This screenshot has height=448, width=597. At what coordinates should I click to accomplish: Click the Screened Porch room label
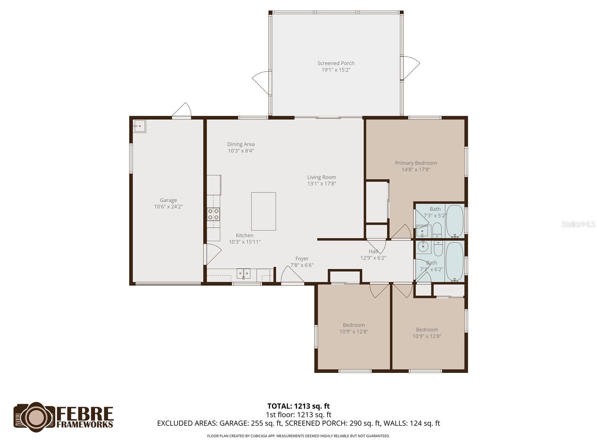point(336,63)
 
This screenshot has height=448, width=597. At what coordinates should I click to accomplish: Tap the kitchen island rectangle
point(263,211)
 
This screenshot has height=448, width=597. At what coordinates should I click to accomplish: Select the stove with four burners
point(213,214)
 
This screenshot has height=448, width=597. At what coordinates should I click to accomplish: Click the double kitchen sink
point(244,274)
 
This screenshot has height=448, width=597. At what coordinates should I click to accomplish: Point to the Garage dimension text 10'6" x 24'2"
point(168,206)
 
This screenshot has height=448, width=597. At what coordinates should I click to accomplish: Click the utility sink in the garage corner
point(140,126)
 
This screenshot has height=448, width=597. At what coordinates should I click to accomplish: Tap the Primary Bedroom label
point(416,163)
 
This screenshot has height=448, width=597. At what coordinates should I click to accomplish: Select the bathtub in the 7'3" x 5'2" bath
point(454,221)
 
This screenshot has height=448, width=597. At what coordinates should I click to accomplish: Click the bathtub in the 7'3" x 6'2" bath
point(454,261)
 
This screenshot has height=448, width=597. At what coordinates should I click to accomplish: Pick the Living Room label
point(322,177)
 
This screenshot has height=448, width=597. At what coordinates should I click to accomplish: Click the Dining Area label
point(241,144)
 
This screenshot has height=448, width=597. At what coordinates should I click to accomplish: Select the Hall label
point(373,251)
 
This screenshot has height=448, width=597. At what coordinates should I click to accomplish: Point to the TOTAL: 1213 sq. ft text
point(298,406)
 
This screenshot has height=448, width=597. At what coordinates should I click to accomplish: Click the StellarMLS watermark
point(578,224)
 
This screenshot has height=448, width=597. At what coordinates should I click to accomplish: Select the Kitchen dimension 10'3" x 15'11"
point(244,242)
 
